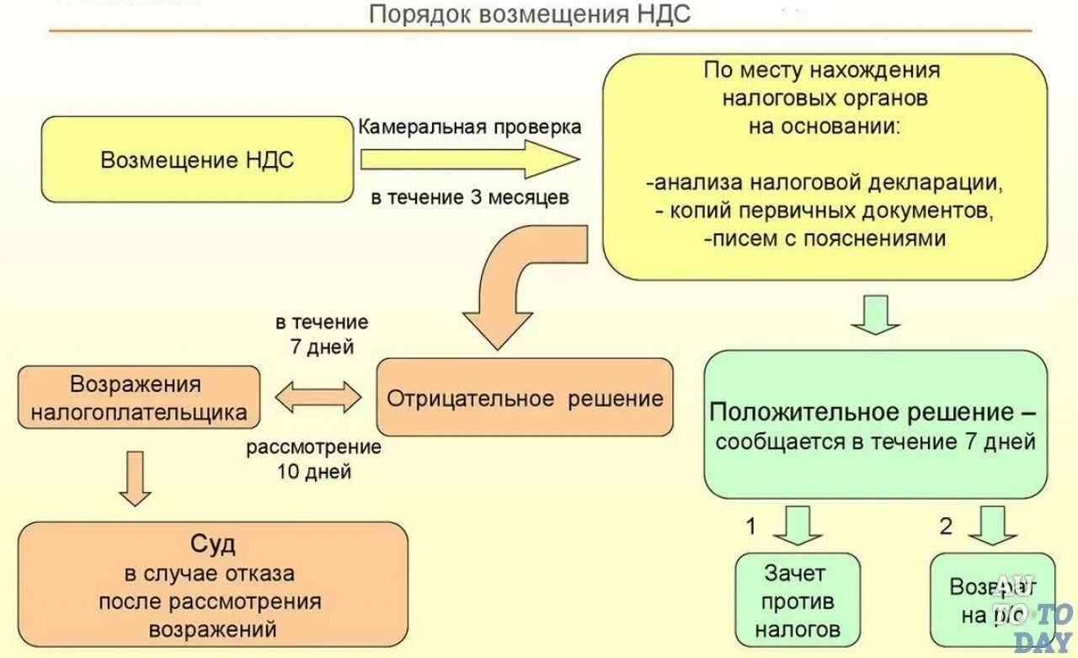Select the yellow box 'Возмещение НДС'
pyautogui.click(x=197, y=160)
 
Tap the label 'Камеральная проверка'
pyautogui.click(x=470, y=126)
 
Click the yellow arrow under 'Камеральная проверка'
pyautogui.click(x=468, y=159)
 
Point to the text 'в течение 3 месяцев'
pyautogui.click(x=470, y=198)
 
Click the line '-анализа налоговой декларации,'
pyautogui.click(x=825, y=181)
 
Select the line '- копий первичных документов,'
pyautogui.click(x=825, y=210)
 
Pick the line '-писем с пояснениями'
pyautogui.click(x=825, y=238)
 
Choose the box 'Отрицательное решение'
pyautogui.click(x=525, y=398)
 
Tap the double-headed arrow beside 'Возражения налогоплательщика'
pyautogui.click(x=318, y=397)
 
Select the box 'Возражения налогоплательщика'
pyautogui.click(x=139, y=398)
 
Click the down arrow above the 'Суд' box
pyautogui.click(x=135, y=478)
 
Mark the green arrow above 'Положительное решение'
pyautogui.click(x=875, y=314)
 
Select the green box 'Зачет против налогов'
pyautogui.click(x=798, y=600)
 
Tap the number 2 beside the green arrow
pyautogui.click(x=946, y=527)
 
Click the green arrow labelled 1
pyautogui.click(x=797, y=525)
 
